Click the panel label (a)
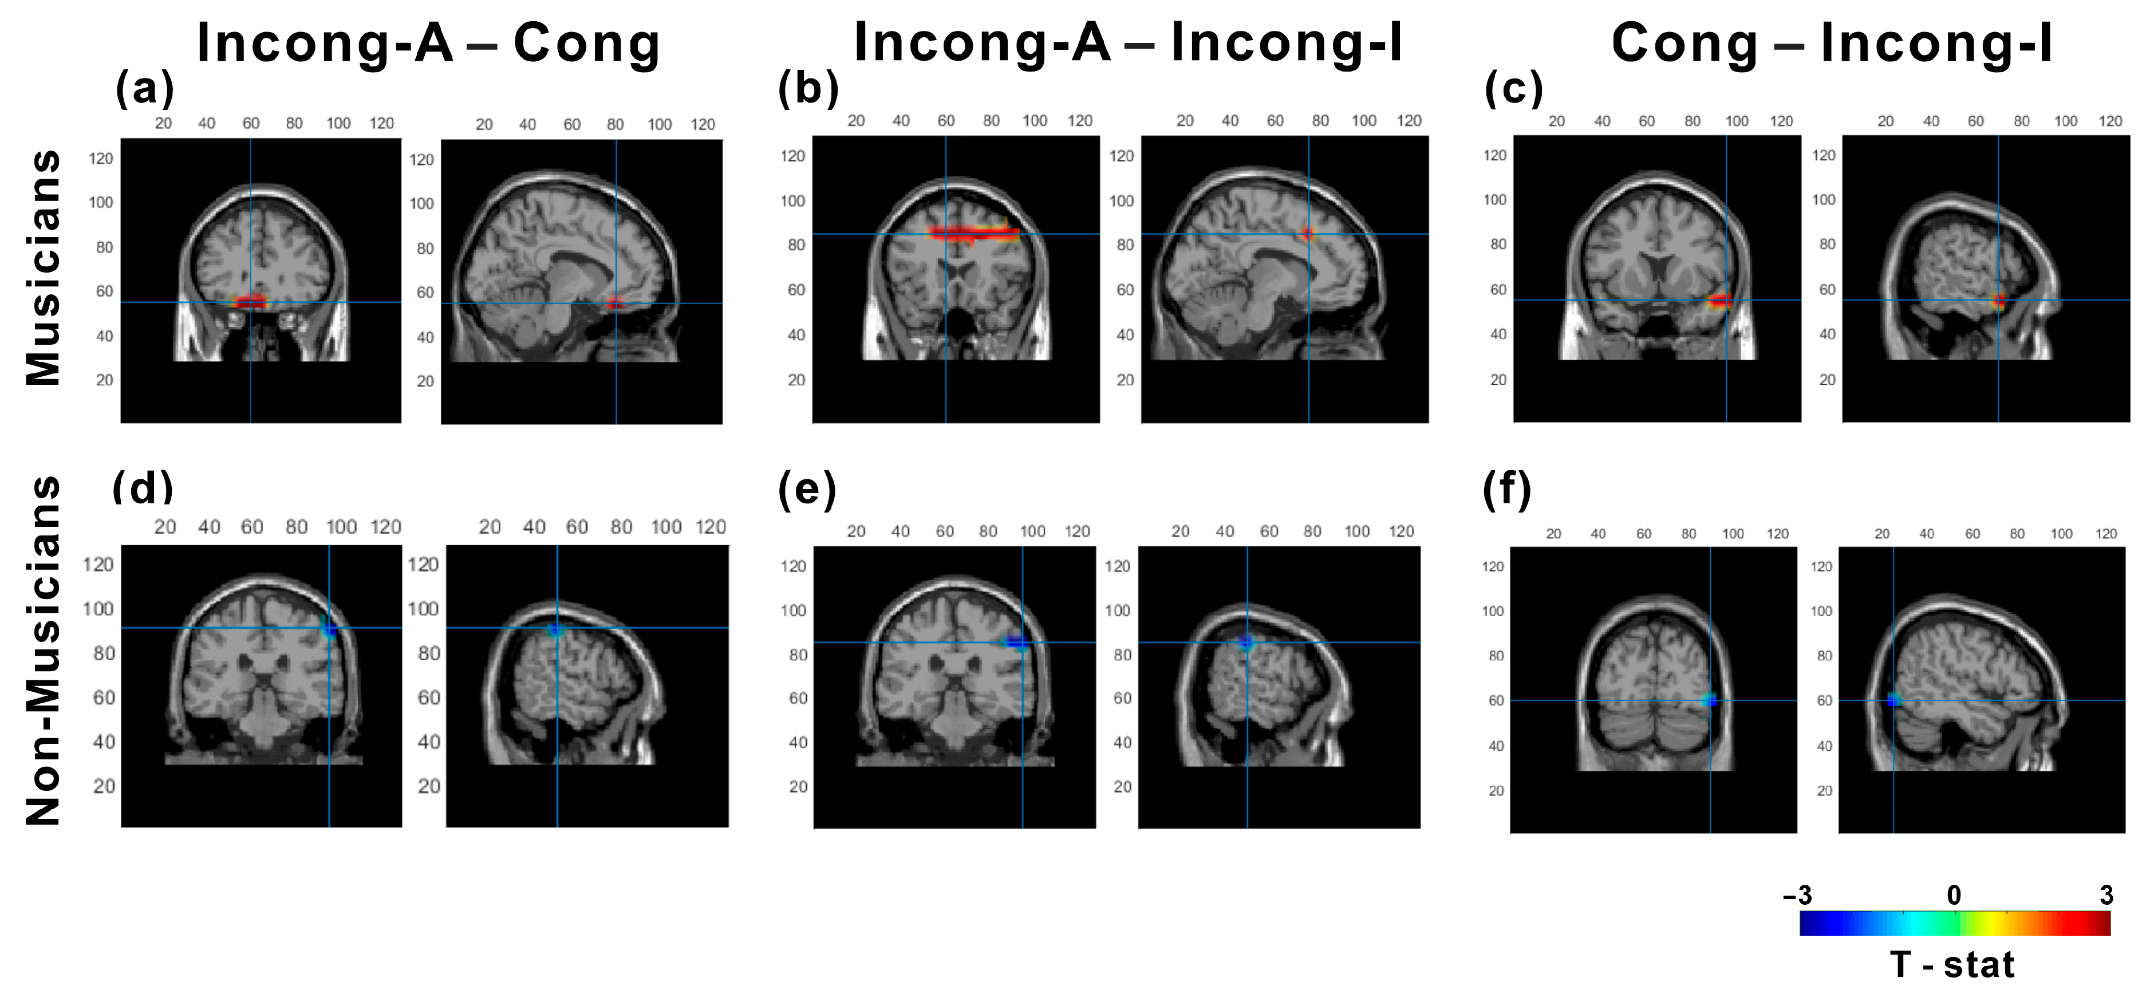pos(145,88)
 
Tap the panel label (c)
pos(1513,88)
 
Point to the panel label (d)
pos(143,487)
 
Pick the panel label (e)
pos(807,489)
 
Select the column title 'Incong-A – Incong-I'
pos(1129,42)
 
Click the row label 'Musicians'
pos(44,268)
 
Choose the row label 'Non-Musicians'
pos(44,651)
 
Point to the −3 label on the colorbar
pos(1797,896)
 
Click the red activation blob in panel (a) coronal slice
pos(250,301)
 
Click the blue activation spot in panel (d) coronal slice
pos(329,629)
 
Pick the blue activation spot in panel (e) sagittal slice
pos(1245,642)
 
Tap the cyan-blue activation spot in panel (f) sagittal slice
pos(1894,700)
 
